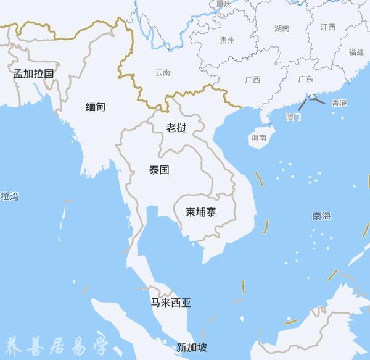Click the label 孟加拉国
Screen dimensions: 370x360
(34, 73)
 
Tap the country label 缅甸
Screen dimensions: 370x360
(96, 107)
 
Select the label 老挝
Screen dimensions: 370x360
(176, 128)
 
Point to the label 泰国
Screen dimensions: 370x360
(159, 170)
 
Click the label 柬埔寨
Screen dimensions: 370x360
(201, 212)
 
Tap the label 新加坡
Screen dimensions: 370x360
(192, 346)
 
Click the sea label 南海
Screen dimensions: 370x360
(321, 216)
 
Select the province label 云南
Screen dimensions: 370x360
(163, 72)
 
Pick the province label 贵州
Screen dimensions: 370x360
(227, 40)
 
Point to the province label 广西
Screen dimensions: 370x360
(252, 80)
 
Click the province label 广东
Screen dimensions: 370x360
(305, 79)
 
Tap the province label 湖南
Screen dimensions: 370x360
(282, 28)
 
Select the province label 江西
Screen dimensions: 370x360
(328, 27)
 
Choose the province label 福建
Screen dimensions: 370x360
(356, 52)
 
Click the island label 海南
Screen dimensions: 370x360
(259, 138)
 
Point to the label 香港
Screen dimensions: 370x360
(339, 103)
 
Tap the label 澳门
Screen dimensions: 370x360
(294, 116)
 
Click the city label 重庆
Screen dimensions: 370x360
(223, 4)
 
